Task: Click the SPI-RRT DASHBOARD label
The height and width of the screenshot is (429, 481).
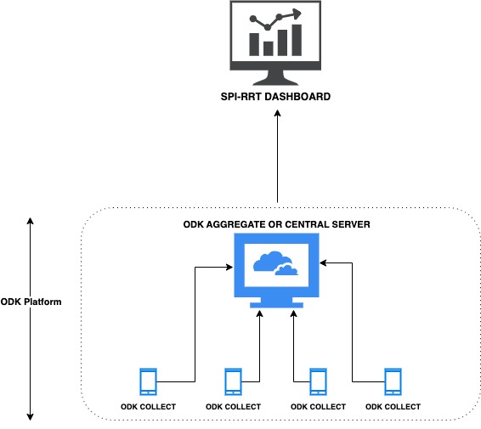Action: coord(275,97)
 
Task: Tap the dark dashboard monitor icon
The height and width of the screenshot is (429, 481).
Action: coord(275,43)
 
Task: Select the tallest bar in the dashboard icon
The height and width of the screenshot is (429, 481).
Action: coord(297,40)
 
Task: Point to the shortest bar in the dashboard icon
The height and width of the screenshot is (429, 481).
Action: coord(268,48)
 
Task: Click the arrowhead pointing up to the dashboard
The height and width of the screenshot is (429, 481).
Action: coord(278,114)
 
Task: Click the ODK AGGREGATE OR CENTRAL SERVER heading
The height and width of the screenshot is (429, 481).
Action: coord(276,224)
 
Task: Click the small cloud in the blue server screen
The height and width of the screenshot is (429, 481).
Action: coord(286,270)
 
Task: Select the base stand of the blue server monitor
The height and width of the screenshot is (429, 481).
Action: coord(276,305)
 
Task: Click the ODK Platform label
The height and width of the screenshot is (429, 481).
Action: coord(31,302)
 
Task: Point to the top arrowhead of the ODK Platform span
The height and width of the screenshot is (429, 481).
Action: coord(30,221)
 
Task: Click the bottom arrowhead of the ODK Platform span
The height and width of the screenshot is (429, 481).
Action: coord(30,417)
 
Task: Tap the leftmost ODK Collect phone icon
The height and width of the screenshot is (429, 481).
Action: coord(148,381)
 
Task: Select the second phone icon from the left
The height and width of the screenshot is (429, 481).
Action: coord(233,381)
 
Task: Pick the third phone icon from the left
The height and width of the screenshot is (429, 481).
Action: coord(318,381)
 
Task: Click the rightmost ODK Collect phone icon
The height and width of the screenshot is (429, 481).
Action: coord(393,381)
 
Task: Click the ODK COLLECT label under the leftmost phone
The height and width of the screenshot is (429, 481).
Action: coord(148,407)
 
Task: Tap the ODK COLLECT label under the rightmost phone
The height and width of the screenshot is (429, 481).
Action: coord(393,407)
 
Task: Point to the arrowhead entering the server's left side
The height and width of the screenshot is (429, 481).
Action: coord(229,268)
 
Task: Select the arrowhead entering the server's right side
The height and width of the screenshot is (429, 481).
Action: coord(323,263)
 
